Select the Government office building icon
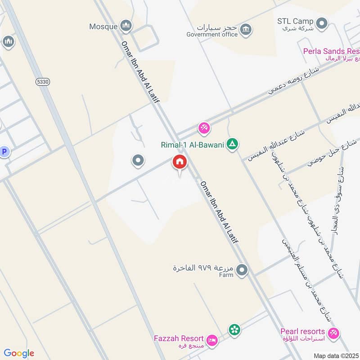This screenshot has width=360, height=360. (x=246, y=30)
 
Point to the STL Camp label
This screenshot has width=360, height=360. (x=295, y=22)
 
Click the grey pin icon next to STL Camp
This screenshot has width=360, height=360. (x=322, y=22)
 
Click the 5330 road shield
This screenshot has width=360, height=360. (x=42, y=81)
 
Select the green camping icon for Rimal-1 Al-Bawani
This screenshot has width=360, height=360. (x=232, y=144)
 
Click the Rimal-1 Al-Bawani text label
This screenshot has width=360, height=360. (x=192, y=145)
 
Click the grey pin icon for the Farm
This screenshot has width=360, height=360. (x=242, y=270)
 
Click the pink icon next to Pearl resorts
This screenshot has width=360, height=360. (x=333, y=333)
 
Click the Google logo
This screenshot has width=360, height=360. (x=19, y=353)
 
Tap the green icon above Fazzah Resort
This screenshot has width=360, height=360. (x=234, y=330)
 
